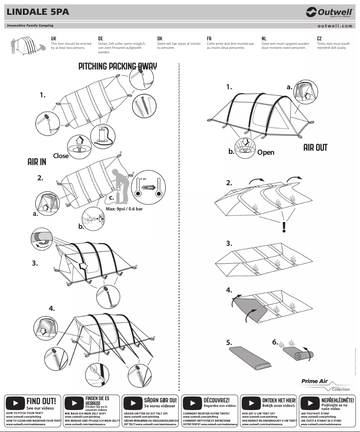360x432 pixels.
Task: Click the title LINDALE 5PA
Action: pyautogui.click(x=38, y=12)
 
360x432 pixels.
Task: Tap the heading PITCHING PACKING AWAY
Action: pyautogui.click(x=118, y=66)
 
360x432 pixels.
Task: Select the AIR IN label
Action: pyautogui.click(x=37, y=162)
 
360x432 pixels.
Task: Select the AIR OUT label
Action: pyautogui.click(x=315, y=148)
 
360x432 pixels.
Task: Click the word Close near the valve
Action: pyautogui.click(x=61, y=156)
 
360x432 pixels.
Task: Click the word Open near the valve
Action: pyautogui.click(x=266, y=152)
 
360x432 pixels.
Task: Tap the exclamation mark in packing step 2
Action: pyautogui.click(x=284, y=227)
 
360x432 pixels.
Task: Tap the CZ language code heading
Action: pyautogui.click(x=319, y=39)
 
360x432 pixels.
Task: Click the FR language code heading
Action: pyautogui.click(x=209, y=39)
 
